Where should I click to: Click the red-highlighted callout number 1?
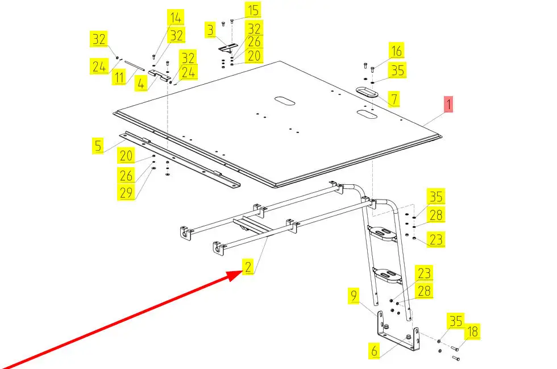click(448, 104)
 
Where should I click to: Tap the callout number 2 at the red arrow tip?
click(248, 267)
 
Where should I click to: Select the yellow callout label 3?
click(211, 30)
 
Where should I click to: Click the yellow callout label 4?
click(141, 84)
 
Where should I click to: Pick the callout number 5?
click(98, 146)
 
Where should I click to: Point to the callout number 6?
click(374, 351)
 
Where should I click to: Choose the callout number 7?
click(394, 99)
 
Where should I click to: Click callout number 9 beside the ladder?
click(354, 296)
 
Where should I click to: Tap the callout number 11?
click(119, 77)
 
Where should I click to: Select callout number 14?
click(176, 18)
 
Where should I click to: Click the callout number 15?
click(253, 10)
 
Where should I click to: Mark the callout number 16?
click(397, 51)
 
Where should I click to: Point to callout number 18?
click(472, 331)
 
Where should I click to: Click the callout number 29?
click(126, 193)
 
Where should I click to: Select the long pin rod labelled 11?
click(134, 66)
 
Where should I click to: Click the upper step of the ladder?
click(382, 234)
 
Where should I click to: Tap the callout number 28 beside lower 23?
click(425, 291)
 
